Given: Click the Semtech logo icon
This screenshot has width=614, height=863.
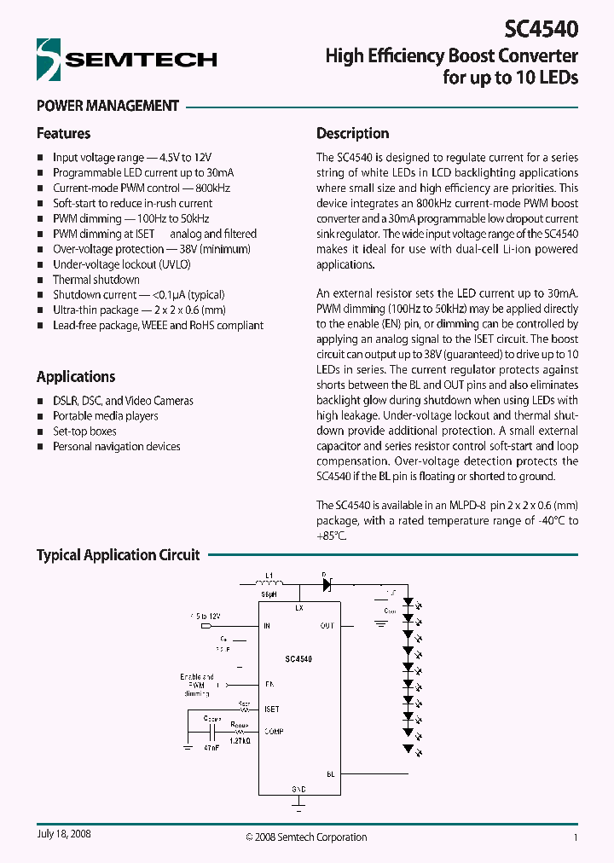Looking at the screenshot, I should (x=49, y=60).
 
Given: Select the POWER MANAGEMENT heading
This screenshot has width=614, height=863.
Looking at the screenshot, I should (x=107, y=106).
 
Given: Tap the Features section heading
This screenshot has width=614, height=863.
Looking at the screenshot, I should (x=63, y=133).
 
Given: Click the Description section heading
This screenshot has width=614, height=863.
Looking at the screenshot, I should (x=352, y=133).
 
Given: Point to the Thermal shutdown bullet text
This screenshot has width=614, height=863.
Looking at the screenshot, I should (x=96, y=280).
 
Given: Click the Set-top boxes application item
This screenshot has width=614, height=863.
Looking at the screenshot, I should (x=84, y=431).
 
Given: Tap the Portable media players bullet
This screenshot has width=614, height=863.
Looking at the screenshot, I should (x=105, y=416).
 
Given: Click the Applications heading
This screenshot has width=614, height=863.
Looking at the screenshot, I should (x=75, y=377).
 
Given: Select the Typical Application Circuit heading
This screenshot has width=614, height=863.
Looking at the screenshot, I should (x=118, y=555).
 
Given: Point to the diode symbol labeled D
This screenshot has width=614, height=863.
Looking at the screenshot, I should (x=325, y=585).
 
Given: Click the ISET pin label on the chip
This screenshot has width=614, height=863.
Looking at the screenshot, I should (x=272, y=709).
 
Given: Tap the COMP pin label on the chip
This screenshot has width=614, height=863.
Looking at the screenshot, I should (x=274, y=731).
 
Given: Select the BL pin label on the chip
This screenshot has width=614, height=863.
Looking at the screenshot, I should (x=330, y=773).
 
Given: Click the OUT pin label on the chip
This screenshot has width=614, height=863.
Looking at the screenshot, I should (x=327, y=626).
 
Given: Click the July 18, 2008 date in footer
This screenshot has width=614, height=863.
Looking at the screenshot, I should (x=64, y=834).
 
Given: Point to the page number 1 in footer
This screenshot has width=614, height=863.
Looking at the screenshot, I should (x=576, y=837).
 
